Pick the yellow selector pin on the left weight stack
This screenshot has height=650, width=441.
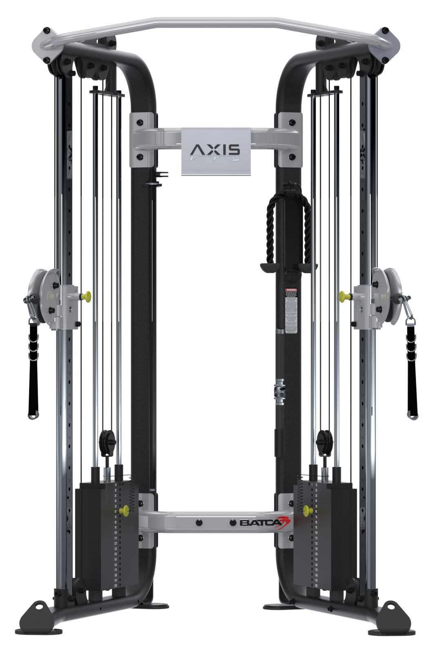(x=124, y=510)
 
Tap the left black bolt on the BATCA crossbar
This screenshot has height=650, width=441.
(x=198, y=523)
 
